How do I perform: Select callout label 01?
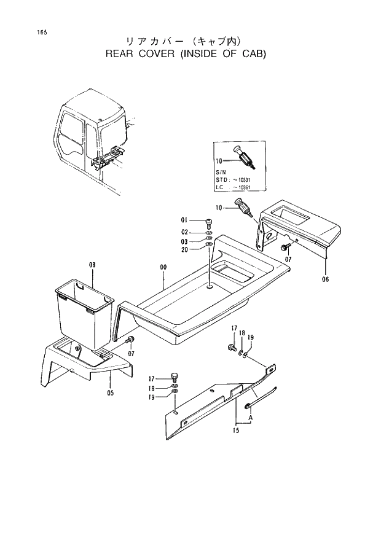[x=183, y=220]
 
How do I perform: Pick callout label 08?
[x=92, y=265]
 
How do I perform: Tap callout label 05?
[x=111, y=394]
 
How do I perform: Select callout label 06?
[x=324, y=280]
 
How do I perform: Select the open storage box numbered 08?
[x=84, y=313]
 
